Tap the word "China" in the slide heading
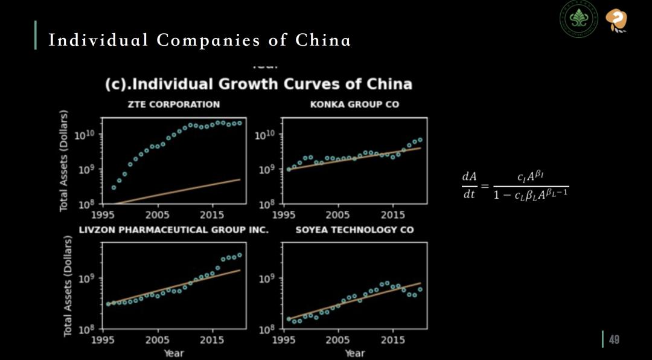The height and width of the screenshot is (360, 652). click(323, 40)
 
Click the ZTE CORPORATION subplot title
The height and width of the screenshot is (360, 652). click(173, 104)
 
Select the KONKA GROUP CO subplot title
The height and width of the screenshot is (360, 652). click(354, 104)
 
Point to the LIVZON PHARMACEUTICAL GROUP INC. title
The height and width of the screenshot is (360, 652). click(174, 230)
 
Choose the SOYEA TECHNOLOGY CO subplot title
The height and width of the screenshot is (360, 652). click(354, 230)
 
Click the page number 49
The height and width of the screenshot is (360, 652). click(614, 339)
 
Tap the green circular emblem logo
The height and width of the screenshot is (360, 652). click(578, 19)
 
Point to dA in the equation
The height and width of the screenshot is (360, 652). click(469, 176)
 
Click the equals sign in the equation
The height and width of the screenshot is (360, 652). click(485, 186)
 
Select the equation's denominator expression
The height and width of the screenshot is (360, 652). click(531, 194)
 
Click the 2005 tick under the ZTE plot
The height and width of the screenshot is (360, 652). click(158, 214)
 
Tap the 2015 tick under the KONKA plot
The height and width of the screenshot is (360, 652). click(393, 214)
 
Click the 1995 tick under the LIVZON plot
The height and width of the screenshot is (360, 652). click(103, 340)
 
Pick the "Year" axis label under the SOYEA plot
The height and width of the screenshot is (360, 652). click(354, 353)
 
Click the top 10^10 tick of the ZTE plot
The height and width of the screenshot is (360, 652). click(85, 135)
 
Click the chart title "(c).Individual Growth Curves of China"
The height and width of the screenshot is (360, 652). click(258, 85)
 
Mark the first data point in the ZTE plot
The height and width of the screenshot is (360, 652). click(113, 188)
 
